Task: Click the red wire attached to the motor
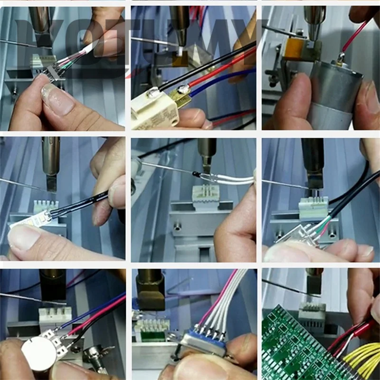pos(354,36)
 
